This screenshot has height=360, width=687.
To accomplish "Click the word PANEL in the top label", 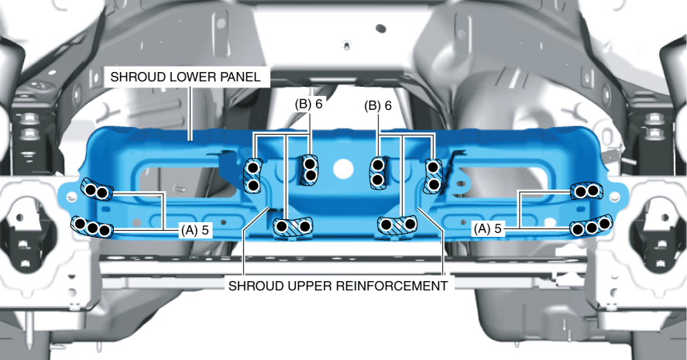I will click(242, 77).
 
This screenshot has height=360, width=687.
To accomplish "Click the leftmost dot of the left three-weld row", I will click(81, 225).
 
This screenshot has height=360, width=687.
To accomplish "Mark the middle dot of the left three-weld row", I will click(93, 228).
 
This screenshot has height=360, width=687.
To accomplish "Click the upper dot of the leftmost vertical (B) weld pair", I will click(252, 166).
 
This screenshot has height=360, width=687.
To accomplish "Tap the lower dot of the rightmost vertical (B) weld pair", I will click(434, 183).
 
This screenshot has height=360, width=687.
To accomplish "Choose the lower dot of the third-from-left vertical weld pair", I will click(378, 180).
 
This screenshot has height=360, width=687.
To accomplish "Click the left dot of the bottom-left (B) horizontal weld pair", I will click(283, 227).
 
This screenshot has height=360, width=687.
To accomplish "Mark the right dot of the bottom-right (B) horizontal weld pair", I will click(409, 224).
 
